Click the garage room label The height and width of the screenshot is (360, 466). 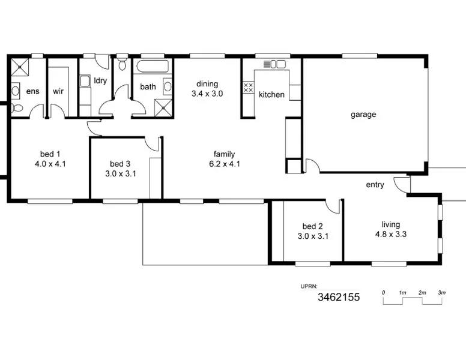pyautogui.click(x=363, y=115)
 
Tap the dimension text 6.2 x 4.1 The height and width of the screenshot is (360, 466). pyautogui.click(x=224, y=163)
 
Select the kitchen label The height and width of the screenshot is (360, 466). pyautogui.click(x=271, y=94)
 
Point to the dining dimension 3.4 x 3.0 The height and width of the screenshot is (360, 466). pyautogui.click(x=207, y=94)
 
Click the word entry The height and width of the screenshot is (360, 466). pyautogui.click(x=375, y=185)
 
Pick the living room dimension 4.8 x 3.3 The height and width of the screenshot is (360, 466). pyautogui.click(x=391, y=235)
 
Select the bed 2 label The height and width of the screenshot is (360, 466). pyautogui.click(x=312, y=226)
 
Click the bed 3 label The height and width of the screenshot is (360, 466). pyautogui.click(x=120, y=164)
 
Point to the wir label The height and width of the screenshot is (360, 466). pyautogui.click(x=58, y=91)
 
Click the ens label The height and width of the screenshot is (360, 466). pyautogui.click(x=32, y=91)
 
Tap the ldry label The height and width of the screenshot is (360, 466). pyautogui.click(x=100, y=80)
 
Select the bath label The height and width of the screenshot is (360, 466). pyautogui.click(x=148, y=86)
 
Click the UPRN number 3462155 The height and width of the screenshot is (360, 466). pyautogui.click(x=338, y=297)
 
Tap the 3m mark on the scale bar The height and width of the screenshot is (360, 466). pyautogui.click(x=442, y=292)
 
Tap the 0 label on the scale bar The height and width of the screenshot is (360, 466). pyautogui.click(x=383, y=292)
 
